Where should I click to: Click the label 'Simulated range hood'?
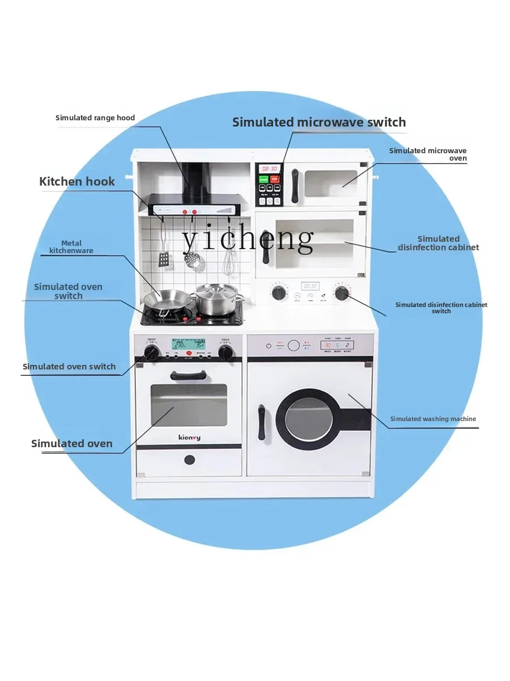point(95,118)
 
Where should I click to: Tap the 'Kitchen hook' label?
point(77,182)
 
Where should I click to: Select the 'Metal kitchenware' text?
point(71,247)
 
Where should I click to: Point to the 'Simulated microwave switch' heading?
point(319,122)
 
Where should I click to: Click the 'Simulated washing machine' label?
point(433,419)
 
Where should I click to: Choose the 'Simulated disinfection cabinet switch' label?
point(441,308)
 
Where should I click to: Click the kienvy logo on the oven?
point(188,438)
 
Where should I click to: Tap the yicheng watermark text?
point(248,238)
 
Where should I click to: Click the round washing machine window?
point(305,419)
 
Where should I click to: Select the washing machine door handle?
point(262,422)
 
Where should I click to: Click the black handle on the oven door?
point(188,375)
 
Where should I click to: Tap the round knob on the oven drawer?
point(189,459)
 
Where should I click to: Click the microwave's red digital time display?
point(269,169)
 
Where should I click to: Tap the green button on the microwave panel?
point(263,179)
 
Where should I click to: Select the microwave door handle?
point(295,186)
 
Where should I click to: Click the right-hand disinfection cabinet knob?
point(341,293)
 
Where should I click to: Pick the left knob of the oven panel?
point(151,353)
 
